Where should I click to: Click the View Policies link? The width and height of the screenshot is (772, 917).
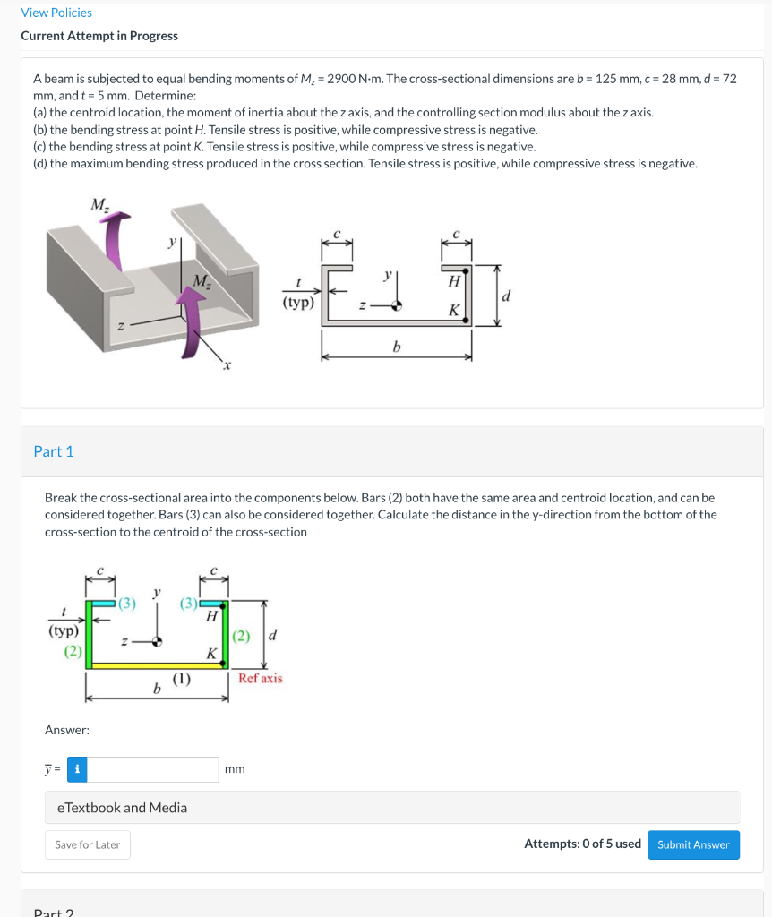56,13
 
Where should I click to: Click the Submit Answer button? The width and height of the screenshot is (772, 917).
693,844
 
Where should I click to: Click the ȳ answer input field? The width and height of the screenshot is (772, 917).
153,769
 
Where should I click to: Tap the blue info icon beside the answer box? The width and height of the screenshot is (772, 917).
78,769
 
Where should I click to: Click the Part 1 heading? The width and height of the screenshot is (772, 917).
54,451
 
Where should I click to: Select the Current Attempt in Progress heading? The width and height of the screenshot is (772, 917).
99,36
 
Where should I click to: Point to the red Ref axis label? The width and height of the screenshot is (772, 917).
261,678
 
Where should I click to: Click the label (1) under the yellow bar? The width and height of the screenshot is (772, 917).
182,680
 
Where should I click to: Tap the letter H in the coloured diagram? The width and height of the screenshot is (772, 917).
211,616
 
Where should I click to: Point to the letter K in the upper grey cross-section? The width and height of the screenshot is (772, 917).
454,310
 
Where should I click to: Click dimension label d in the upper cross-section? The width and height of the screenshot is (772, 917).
508,295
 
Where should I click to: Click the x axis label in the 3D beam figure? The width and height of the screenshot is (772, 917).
227,366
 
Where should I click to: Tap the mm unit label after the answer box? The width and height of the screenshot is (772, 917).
235,769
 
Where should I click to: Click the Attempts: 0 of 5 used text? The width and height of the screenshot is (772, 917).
582,844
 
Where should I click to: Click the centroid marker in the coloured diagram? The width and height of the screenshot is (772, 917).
158,641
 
